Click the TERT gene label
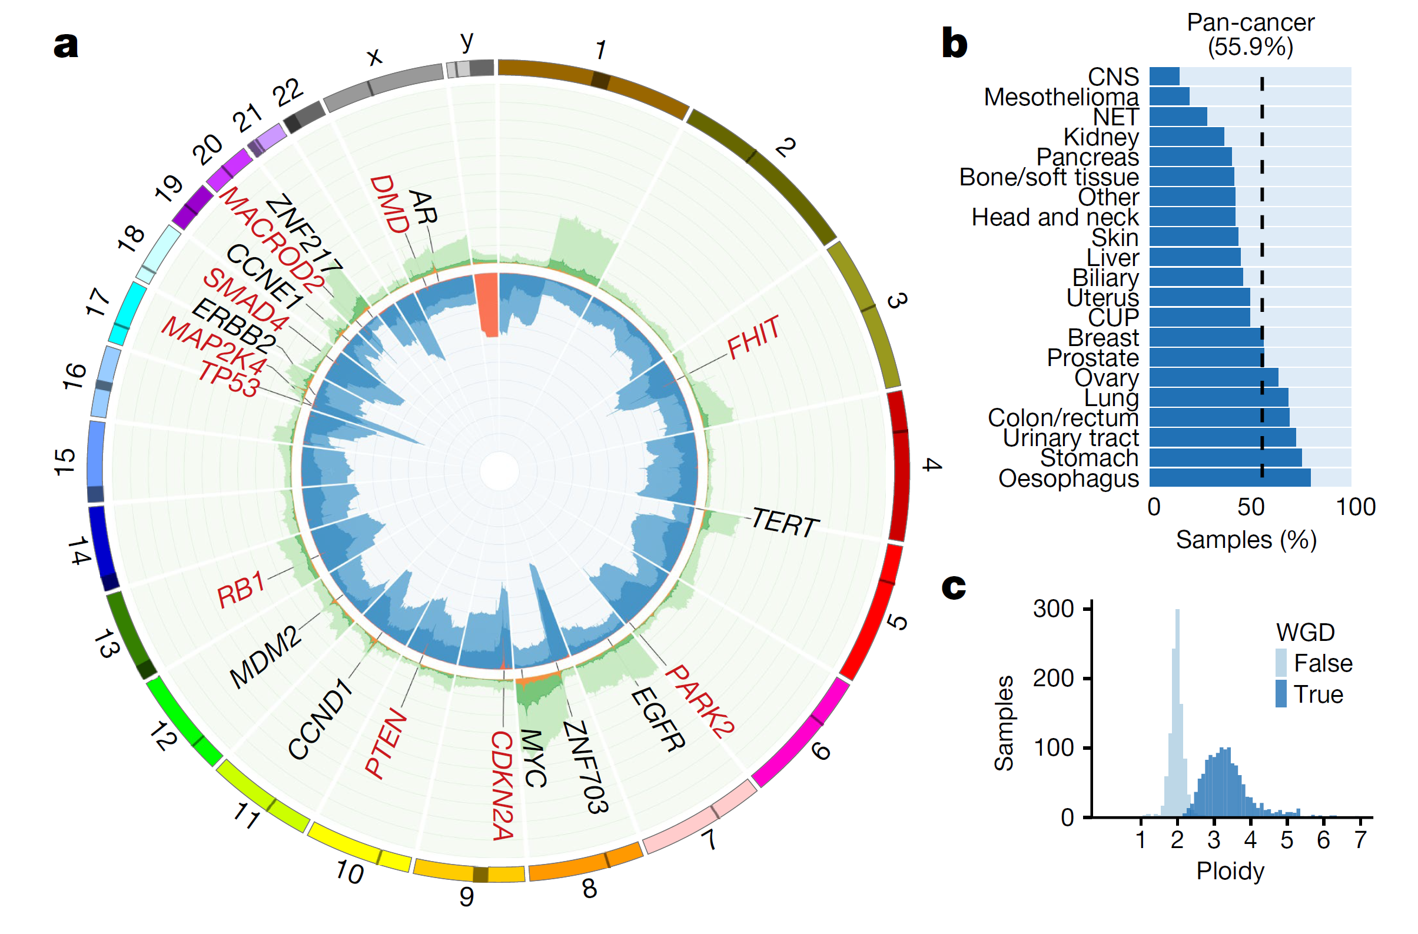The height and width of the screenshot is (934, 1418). click(785, 523)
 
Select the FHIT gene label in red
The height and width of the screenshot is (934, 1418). click(753, 337)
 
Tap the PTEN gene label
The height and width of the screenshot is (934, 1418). click(386, 744)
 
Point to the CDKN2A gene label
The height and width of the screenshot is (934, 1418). click(502, 786)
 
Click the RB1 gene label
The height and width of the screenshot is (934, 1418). click(241, 590)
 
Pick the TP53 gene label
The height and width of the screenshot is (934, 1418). click(229, 379)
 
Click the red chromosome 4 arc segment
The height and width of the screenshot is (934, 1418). click(899, 466)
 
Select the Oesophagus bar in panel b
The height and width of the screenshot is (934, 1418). click(1230, 478)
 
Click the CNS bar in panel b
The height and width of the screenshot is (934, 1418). click(1164, 77)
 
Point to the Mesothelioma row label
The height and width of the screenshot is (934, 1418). click(1061, 97)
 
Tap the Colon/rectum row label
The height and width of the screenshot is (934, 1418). click(1063, 417)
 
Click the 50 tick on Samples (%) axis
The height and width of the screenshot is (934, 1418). click(1251, 507)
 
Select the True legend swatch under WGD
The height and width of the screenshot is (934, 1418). click(1281, 693)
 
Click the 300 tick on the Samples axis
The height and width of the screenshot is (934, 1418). click(1054, 609)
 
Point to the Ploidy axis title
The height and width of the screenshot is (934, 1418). click(1230, 871)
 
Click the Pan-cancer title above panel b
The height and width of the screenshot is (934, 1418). click(1250, 22)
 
